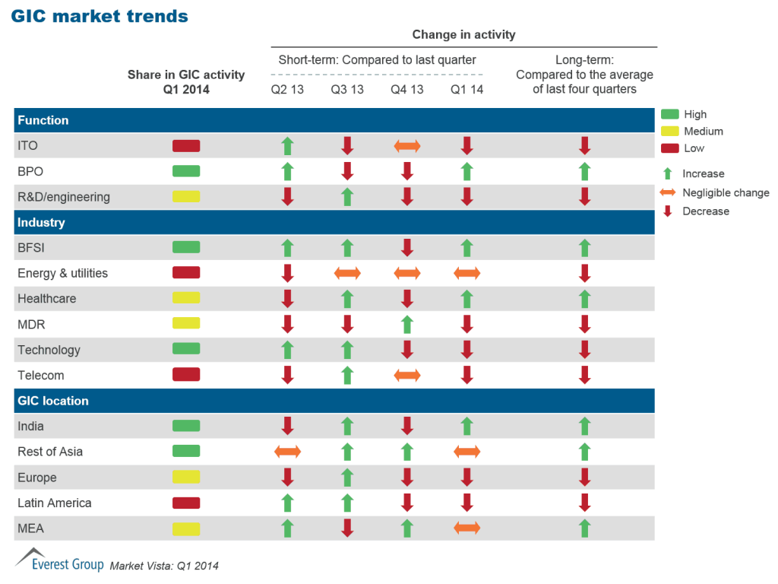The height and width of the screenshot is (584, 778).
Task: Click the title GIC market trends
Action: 100,16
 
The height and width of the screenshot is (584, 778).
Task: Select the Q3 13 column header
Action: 347,90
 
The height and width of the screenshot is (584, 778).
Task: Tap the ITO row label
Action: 27,146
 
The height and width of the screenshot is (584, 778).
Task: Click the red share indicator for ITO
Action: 186,146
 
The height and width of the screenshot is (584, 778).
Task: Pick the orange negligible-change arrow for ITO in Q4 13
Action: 406,146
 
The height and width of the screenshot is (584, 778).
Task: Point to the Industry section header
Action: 41,223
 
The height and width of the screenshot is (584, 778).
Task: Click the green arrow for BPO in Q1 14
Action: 466,171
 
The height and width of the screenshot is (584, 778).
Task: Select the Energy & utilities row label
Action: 62,273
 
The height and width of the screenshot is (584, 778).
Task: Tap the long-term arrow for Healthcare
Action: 584,299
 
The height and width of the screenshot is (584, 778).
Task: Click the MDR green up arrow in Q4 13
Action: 406,325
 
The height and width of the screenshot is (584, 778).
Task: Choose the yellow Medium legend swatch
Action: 669,132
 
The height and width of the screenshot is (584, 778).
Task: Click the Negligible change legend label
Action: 726,192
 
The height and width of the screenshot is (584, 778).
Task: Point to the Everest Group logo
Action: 59,561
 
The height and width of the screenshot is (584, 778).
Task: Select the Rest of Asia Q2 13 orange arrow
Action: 287,452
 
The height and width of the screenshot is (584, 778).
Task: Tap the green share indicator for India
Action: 186,426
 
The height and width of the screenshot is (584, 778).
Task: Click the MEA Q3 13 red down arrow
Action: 347,528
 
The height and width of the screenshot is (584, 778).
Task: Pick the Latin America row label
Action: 55,503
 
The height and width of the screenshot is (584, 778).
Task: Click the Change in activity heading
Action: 463,34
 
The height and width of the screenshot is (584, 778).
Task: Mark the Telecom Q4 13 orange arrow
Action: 406,375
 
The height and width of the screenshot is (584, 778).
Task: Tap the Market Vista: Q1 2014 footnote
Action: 164,566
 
